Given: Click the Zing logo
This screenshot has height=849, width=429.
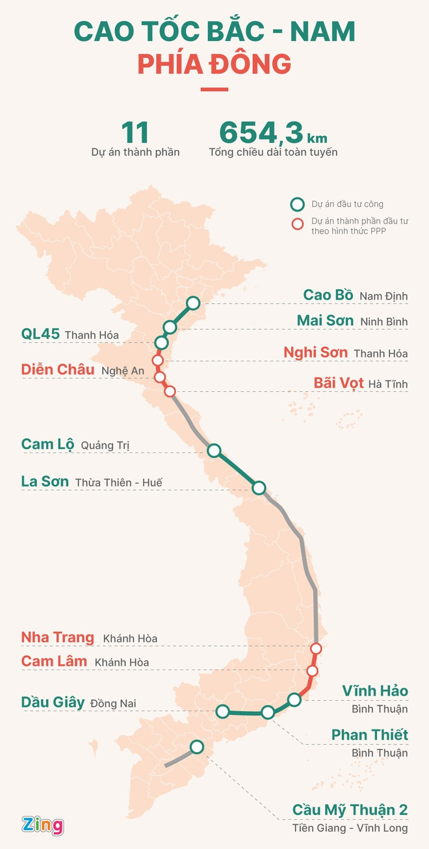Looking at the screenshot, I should pos(43,826).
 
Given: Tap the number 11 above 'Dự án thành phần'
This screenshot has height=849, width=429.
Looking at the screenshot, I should pos(135,133).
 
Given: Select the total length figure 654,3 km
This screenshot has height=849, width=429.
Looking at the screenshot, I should pos(272,133).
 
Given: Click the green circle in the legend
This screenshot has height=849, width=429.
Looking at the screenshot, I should pos(298,205).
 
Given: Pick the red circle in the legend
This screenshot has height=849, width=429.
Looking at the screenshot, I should pos(298,225).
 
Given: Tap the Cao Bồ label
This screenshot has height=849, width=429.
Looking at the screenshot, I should pos(328,295).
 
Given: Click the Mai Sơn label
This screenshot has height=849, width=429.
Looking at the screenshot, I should pos(325,320).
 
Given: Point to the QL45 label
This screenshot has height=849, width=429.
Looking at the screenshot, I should pos(40,334).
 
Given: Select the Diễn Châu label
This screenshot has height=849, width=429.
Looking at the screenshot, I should pos(58,370).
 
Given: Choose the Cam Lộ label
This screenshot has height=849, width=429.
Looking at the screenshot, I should pos(47,445).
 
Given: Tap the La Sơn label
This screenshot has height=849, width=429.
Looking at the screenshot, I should pos(45,482).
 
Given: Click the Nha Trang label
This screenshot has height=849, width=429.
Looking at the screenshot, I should pos(58,638).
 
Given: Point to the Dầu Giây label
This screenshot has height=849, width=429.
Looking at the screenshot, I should pos(53,702).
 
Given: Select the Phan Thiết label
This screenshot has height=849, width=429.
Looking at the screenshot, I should pos(369,735).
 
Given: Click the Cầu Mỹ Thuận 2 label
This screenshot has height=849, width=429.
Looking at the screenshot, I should pos(350,810).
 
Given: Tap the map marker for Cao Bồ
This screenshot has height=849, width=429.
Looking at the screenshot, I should pos(193,302).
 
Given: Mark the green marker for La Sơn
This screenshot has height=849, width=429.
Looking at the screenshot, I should pos(259,488).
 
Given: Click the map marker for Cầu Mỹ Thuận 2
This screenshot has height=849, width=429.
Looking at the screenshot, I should pos(197,746).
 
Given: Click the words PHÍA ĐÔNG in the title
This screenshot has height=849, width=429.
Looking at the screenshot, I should pos(214,64).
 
